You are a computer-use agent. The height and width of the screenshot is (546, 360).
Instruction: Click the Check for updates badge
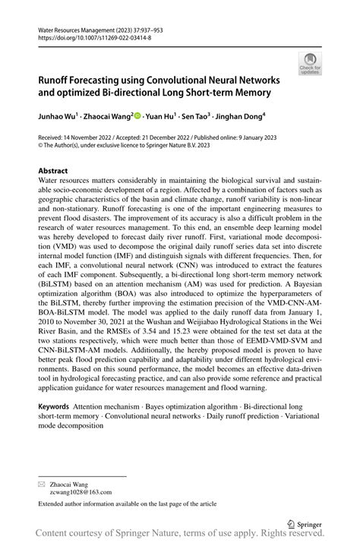point(310,64)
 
